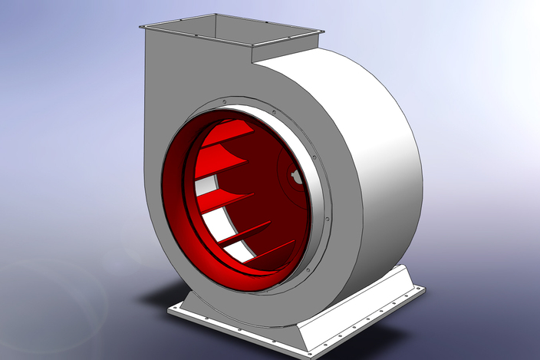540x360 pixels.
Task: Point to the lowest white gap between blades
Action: click(x=238, y=249)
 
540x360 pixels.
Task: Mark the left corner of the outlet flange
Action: click(x=140, y=27)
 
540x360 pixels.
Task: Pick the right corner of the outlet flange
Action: click(x=321, y=31)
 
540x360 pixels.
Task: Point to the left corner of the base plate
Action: click(x=168, y=311)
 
